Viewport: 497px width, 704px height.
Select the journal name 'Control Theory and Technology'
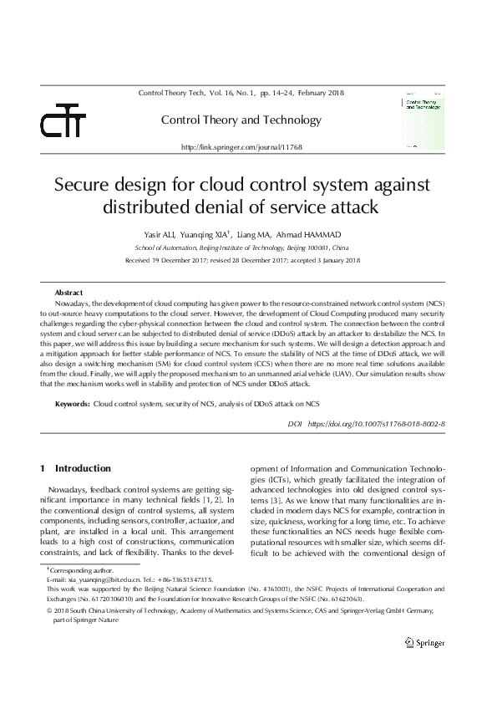point(241,120)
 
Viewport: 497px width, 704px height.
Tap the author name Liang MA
point(254,236)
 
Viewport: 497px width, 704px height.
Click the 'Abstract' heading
point(68,293)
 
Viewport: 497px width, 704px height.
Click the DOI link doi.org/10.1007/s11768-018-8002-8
point(376,425)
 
